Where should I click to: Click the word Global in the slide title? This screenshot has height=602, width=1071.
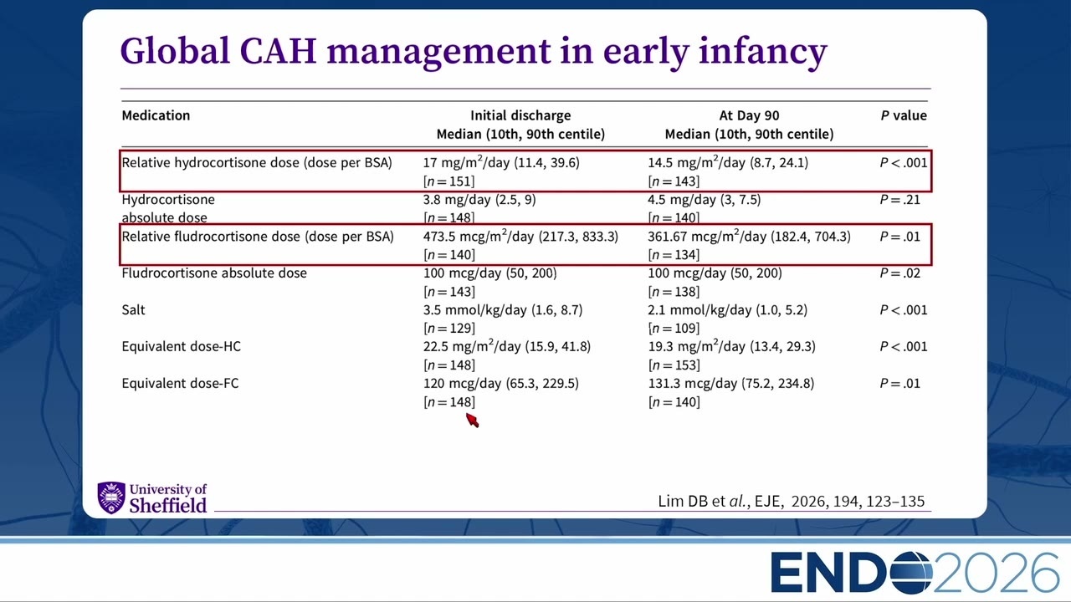click(175, 51)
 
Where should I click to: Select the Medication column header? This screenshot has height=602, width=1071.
click(156, 115)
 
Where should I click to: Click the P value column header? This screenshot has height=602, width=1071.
click(904, 115)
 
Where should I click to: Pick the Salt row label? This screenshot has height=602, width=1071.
click(133, 310)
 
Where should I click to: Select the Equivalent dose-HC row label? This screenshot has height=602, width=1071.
click(182, 346)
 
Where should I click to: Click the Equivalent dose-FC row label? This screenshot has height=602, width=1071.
click(180, 383)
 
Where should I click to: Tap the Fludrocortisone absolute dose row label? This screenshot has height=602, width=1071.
click(214, 273)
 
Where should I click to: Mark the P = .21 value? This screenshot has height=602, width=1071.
click(899, 200)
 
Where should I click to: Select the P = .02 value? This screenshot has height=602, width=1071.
click(899, 273)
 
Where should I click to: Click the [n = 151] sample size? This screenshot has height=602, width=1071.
click(449, 181)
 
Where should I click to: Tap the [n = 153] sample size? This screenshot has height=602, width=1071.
click(674, 365)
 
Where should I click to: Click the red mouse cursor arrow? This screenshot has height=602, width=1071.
click(472, 421)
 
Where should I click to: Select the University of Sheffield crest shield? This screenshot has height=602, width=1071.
click(111, 497)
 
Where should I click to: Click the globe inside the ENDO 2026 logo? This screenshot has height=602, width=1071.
click(911, 573)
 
